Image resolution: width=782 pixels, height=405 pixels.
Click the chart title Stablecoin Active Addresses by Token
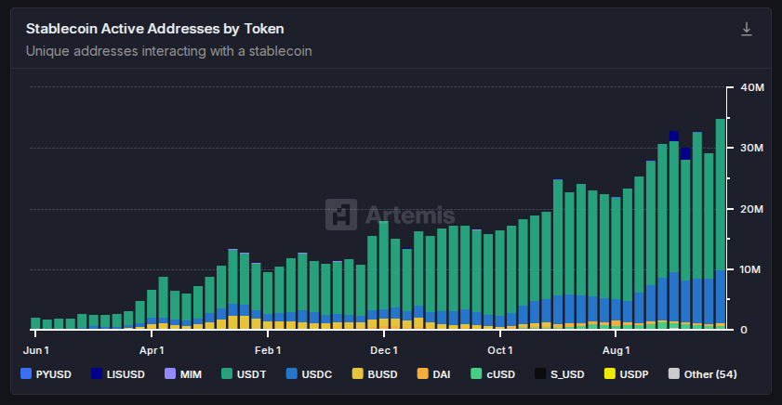click(x=153, y=29)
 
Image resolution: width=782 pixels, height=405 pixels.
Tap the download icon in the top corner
click(x=746, y=30)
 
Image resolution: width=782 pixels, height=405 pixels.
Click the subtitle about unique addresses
click(x=168, y=51)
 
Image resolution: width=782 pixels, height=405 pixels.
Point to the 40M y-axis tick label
click(x=751, y=87)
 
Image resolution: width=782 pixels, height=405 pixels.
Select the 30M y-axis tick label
click(x=751, y=149)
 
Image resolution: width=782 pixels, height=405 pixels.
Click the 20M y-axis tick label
click(x=751, y=209)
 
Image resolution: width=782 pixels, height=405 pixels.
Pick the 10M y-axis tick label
click(x=751, y=269)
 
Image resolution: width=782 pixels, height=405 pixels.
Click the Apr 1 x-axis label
click(x=151, y=350)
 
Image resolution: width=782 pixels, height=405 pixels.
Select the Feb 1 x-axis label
click(x=267, y=350)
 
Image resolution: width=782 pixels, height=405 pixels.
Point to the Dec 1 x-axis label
click(x=383, y=350)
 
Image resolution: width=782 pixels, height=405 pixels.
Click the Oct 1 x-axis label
click(x=499, y=350)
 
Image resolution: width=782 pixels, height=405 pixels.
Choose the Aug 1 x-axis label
click(x=616, y=350)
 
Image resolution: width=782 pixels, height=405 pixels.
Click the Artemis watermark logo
click(x=390, y=215)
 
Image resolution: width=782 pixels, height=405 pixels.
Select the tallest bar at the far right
click(x=721, y=223)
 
